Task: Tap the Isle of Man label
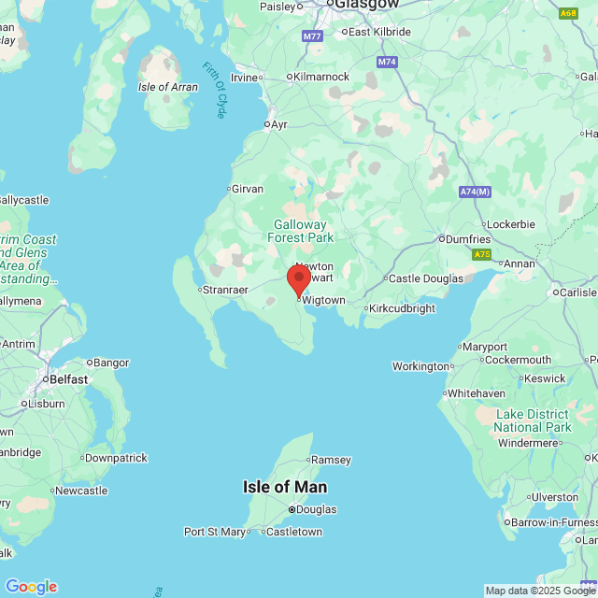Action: [x=285, y=487]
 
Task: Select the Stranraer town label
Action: [x=226, y=290]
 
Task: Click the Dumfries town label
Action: [x=466, y=239]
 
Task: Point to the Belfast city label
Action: [x=70, y=379]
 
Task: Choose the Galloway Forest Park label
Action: [x=301, y=231]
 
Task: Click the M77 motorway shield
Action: [x=312, y=36]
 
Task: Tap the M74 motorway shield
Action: [x=387, y=62]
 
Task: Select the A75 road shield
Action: [x=481, y=254]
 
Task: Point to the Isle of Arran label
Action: [x=168, y=87]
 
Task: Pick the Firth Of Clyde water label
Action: [x=215, y=90]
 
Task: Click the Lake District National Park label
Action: [x=532, y=420]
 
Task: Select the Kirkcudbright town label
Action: [x=402, y=308]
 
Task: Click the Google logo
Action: [x=31, y=587]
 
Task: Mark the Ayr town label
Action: [x=278, y=123]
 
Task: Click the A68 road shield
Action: [x=568, y=14]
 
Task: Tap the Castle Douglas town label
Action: [x=425, y=278]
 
